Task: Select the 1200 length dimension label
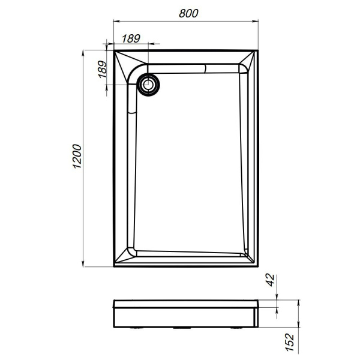[76, 158]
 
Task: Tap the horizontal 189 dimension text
[131, 38]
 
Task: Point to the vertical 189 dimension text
[102, 70]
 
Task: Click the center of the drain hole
[148, 85]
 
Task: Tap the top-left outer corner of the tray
[113, 50]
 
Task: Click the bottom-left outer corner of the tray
[113, 266]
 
